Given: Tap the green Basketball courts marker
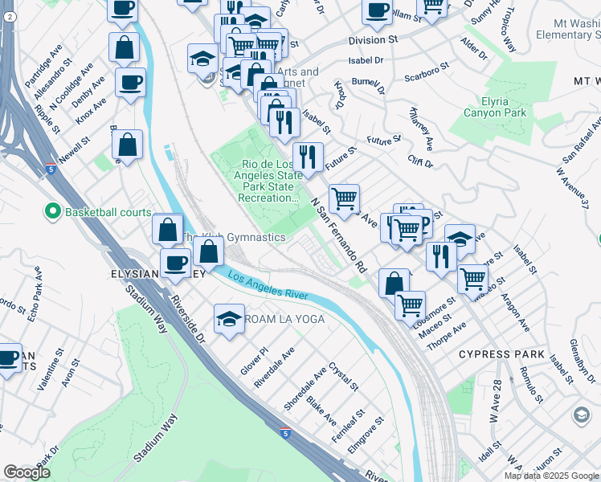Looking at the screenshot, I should (x=53, y=212).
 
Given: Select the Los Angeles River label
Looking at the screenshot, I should (x=268, y=287).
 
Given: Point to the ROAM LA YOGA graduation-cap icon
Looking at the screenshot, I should (x=229, y=319).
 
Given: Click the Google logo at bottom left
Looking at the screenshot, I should (x=27, y=472).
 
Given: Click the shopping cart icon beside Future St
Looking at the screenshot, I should (x=344, y=198).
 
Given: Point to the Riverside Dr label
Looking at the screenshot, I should (x=187, y=317).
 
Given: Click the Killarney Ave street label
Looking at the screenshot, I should (x=421, y=129).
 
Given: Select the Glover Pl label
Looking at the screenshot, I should (x=253, y=361).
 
